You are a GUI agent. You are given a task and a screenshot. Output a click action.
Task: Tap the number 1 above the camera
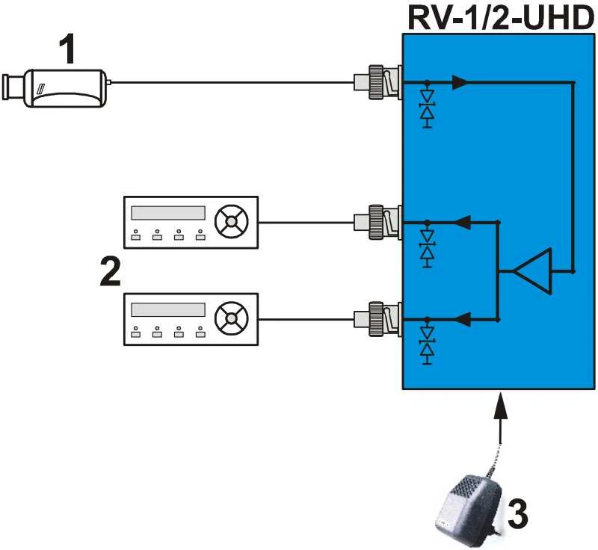[x=68, y=49]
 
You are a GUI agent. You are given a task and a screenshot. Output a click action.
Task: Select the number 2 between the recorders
[x=110, y=271]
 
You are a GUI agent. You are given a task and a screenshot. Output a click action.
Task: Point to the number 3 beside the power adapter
[x=517, y=514]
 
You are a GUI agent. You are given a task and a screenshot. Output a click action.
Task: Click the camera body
[x=66, y=88]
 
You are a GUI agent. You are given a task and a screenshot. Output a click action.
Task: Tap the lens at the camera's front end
[x=13, y=87]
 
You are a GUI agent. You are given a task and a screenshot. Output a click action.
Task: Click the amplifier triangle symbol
[x=533, y=271]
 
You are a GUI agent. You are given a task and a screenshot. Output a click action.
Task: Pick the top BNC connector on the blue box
[x=377, y=82]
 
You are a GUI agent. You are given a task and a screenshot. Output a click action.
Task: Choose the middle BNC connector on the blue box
[x=377, y=222]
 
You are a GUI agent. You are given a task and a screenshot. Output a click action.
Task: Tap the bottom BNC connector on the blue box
[x=377, y=319]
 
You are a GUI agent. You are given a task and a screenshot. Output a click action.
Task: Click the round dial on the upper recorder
[x=231, y=221]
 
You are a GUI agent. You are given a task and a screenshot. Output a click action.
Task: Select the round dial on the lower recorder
[x=231, y=318]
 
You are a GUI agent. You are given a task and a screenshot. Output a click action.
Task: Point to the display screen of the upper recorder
[x=167, y=213]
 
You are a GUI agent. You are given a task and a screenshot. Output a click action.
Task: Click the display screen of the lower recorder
[x=167, y=310]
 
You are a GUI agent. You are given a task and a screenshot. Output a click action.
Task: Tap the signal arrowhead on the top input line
[x=460, y=82]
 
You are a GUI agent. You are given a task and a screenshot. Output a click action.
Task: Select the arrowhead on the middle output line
[x=463, y=222]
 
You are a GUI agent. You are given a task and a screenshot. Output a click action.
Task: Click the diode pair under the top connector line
[x=427, y=107]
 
